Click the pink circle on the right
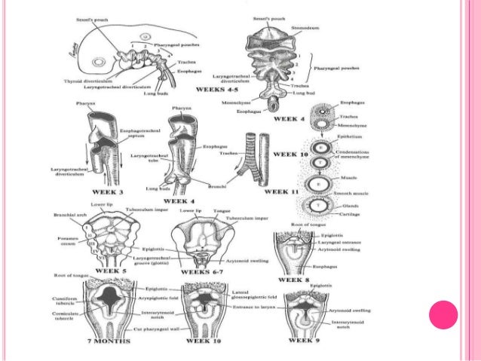(443, 314)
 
